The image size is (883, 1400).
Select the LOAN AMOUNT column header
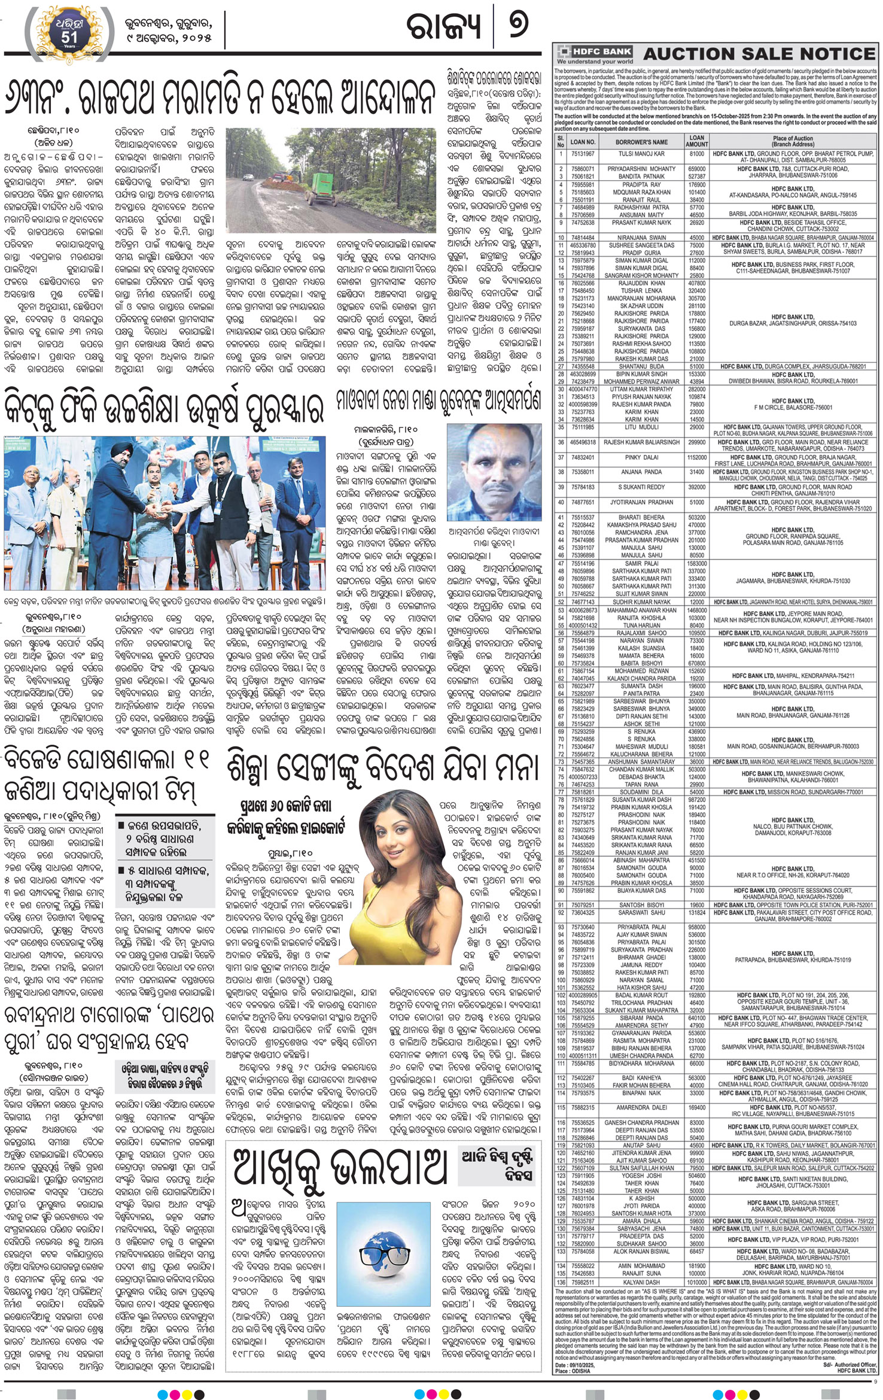click(x=696, y=141)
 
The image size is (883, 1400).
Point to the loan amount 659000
click(x=696, y=169)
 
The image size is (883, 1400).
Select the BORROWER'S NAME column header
click(x=641, y=142)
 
